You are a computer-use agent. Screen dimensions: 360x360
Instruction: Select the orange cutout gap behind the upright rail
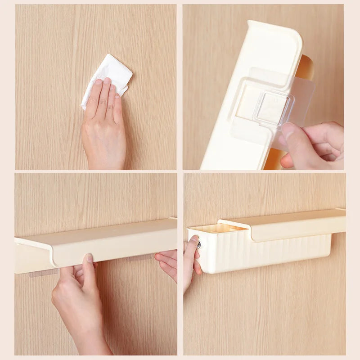click(x=306, y=67)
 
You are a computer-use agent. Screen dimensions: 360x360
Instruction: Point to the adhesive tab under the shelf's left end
click(x=43, y=273)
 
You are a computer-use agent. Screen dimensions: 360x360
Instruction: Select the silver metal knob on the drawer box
click(x=198, y=245)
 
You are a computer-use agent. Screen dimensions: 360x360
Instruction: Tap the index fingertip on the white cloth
click(x=107, y=81)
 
